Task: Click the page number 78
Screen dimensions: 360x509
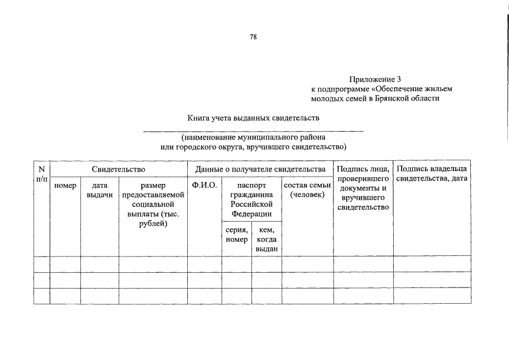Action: (254, 37)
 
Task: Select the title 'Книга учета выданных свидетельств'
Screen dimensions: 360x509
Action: (254, 119)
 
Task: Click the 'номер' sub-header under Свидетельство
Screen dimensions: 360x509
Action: (65, 185)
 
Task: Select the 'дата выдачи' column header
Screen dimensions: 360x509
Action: (100, 190)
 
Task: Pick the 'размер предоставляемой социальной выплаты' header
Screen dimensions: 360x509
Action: (153, 204)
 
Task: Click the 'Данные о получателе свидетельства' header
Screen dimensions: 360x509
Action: (260, 169)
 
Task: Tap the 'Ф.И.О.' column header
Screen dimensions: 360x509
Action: (204, 185)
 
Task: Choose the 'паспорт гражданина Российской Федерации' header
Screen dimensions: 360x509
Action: (251, 199)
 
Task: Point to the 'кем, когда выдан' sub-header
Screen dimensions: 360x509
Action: (266, 239)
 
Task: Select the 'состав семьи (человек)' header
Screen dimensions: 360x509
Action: (307, 190)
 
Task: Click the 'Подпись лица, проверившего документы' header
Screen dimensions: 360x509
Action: (363, 188)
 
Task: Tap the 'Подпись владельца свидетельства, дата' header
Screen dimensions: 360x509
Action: (432, 173)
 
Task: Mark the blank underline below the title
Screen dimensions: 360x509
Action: (254, 130)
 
